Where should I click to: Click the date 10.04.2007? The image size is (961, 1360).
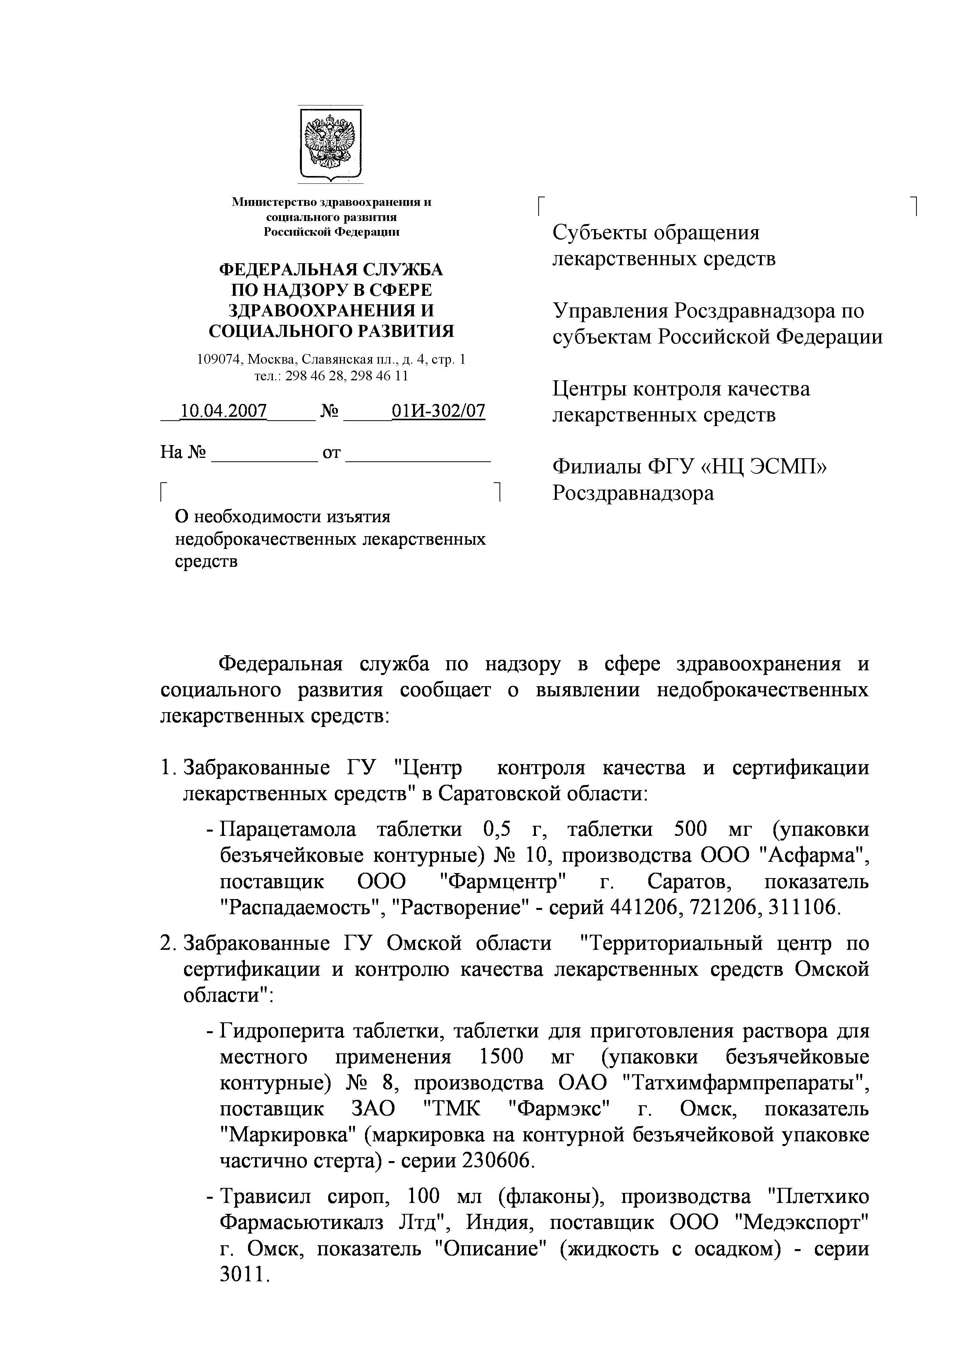(x=223, y=411)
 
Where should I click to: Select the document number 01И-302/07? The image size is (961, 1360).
(x=438, y=411)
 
